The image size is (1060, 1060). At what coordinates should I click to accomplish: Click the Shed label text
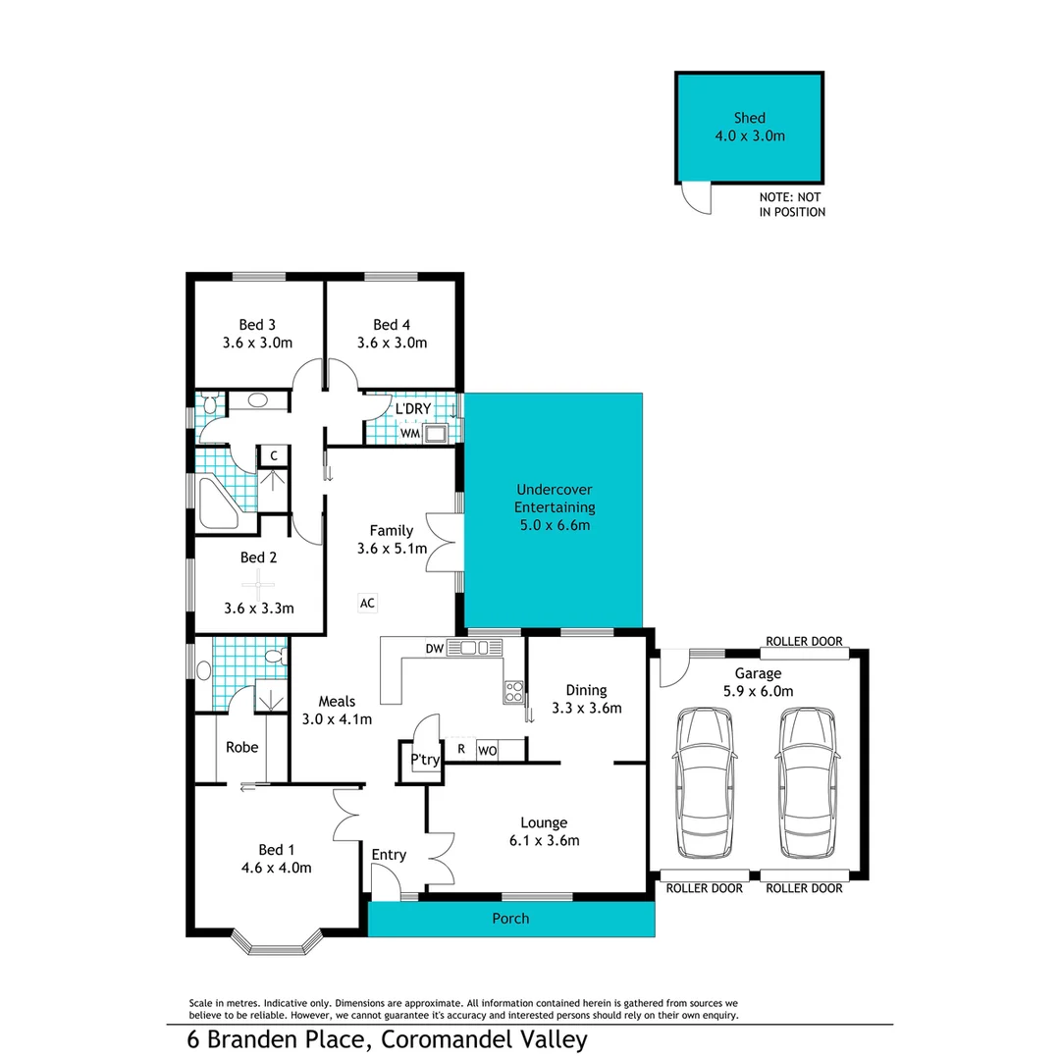click(x=749, y=118)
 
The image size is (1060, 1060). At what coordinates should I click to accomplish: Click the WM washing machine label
click(x=409, y=433)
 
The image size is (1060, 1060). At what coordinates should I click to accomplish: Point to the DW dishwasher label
click(x=433, y=648)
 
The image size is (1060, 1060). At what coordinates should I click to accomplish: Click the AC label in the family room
click(x=368, y=602)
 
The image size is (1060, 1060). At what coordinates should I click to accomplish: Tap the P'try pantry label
click(x=424, y=760)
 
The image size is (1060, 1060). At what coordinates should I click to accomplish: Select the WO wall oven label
click(x=487, y=751)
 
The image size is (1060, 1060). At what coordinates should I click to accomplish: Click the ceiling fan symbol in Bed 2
click(x=258, y=583)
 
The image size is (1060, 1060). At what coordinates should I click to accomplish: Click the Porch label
click(x=510, y=919)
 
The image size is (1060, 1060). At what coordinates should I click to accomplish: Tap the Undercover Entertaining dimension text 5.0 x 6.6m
click(x=554, y=525)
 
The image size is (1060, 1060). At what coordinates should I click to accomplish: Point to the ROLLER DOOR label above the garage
click(x=804, y=641)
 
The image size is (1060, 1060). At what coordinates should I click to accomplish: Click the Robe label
click(x=241, y=747)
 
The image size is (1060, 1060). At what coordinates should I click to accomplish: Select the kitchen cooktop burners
click(x=513, y=691)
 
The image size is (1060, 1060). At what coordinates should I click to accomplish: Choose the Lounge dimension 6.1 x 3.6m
click(x=531, y=840)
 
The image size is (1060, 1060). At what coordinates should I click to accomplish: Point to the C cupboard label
click(x=274, y=455)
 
